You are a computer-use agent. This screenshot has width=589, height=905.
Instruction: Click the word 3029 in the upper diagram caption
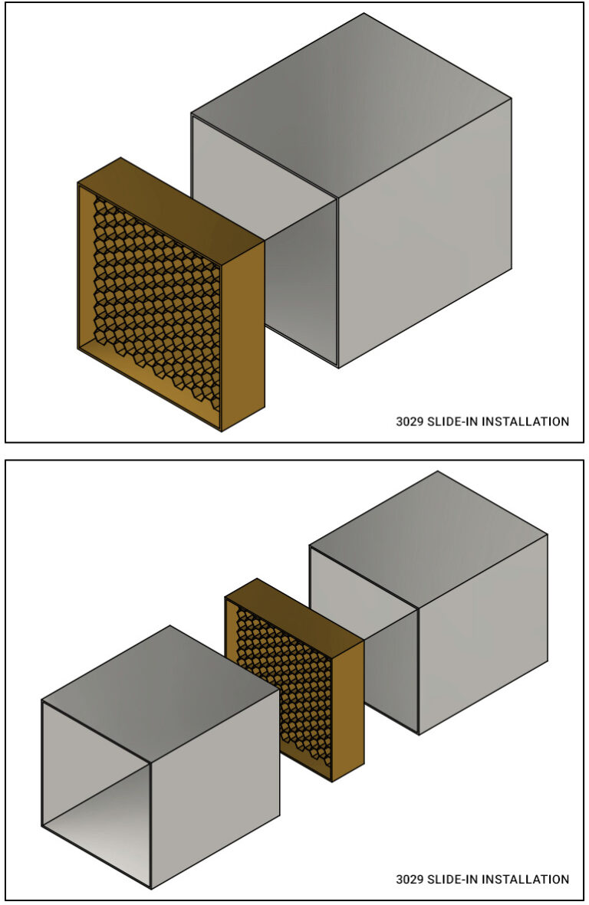pyautogui.click(x=408, y=421)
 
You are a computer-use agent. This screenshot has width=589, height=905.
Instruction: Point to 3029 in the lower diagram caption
pyautogui.click(x=408, y=879)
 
